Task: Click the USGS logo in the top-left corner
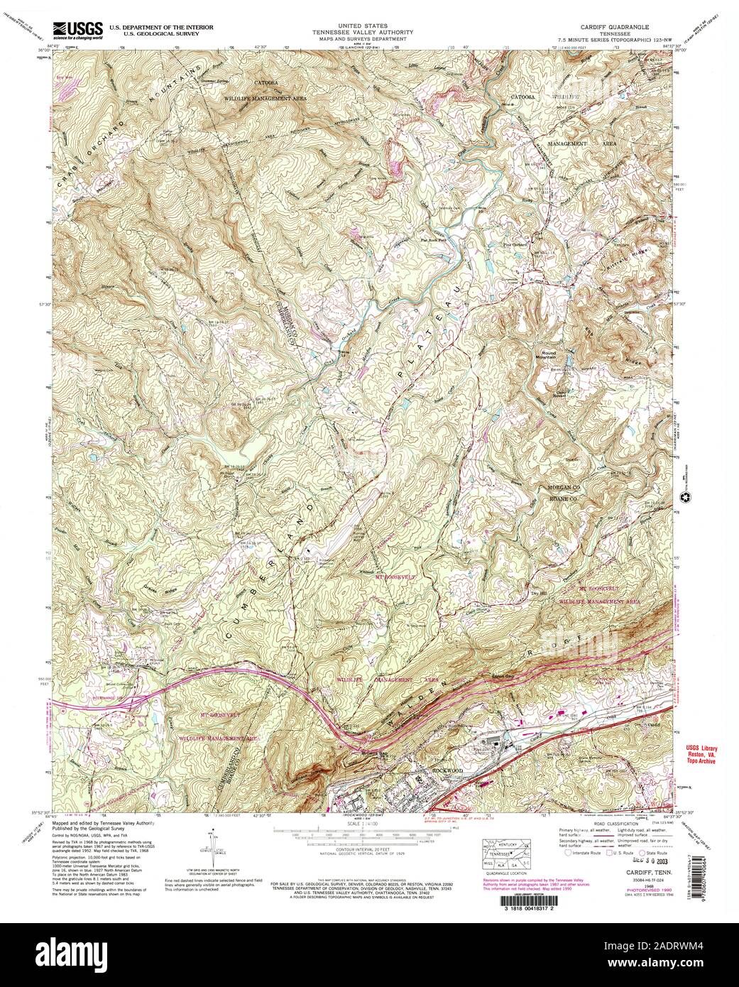pyautogui.click(x=77, y=30)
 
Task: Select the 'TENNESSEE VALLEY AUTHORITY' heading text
pyautogui.click(x=368, y=31)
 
